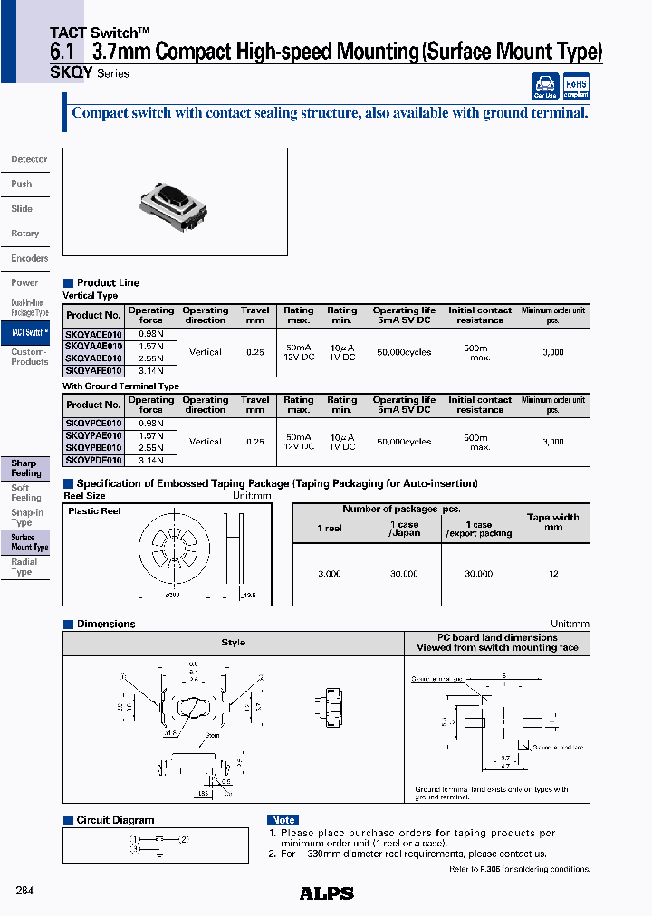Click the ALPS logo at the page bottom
click(326, 893)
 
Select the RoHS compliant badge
click(576, 86)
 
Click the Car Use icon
click(544, 86)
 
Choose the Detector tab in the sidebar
click(29, 159)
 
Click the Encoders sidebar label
click(29, 258)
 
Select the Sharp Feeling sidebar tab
click(24, 468)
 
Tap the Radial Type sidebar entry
click(24, 567)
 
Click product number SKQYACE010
click(93, 334)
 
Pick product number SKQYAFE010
click(93, 370)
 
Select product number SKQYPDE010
click(93, 460)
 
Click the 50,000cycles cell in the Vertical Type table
click(403, 352)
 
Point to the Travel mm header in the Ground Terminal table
click(255, 405)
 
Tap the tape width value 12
click(553, 574)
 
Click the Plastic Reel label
click(94, 511)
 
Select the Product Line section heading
click(108, 282)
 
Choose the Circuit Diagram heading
click(115, 820)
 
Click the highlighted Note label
click(283, 820)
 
